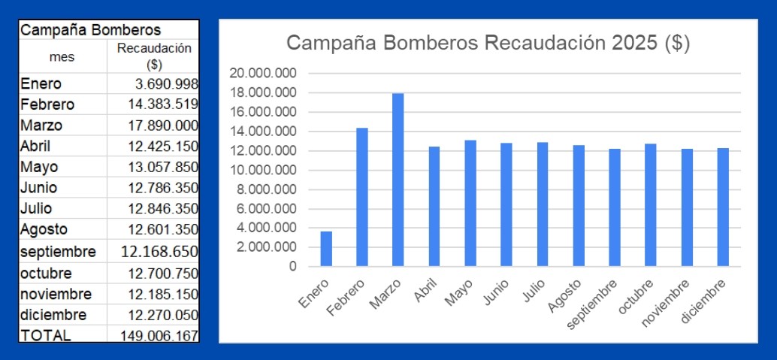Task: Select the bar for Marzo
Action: (398, 180)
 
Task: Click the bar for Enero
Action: (326, 249)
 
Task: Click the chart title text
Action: (488, 43)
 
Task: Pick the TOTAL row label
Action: (45, 336)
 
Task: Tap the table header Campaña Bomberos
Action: (90, 30)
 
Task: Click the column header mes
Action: (62, 56)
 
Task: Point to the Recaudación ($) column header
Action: (153, 56)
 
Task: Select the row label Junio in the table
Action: (39, 188)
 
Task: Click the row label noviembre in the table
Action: (56, 293)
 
